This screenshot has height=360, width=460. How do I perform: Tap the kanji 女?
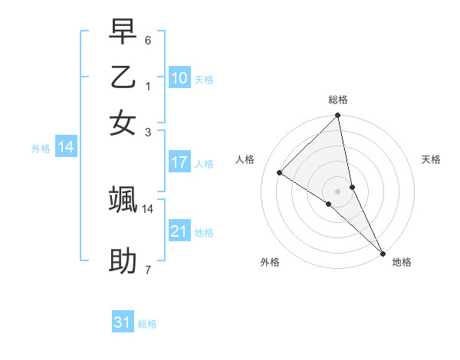[x=123, y=123]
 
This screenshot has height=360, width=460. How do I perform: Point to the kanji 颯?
[x=123, y=199]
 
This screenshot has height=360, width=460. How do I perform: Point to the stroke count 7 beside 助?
[x=148, y=270]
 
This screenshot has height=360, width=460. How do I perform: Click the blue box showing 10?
[x=179, y=78]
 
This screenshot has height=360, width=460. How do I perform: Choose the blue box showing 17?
[x=179, y=162]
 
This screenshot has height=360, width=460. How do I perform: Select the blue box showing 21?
[x=179, y=231]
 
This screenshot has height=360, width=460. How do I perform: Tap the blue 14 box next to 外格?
[x=66, y=148]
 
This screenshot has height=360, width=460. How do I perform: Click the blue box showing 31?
[x=123, y=322]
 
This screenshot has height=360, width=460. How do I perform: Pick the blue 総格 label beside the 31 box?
[x=147, y=324]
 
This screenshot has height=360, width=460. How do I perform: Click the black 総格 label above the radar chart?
[x=338, y=100]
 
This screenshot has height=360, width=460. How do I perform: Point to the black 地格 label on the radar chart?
[x=402, y=262]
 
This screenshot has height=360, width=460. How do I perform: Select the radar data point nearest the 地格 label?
[x=383, y=253]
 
